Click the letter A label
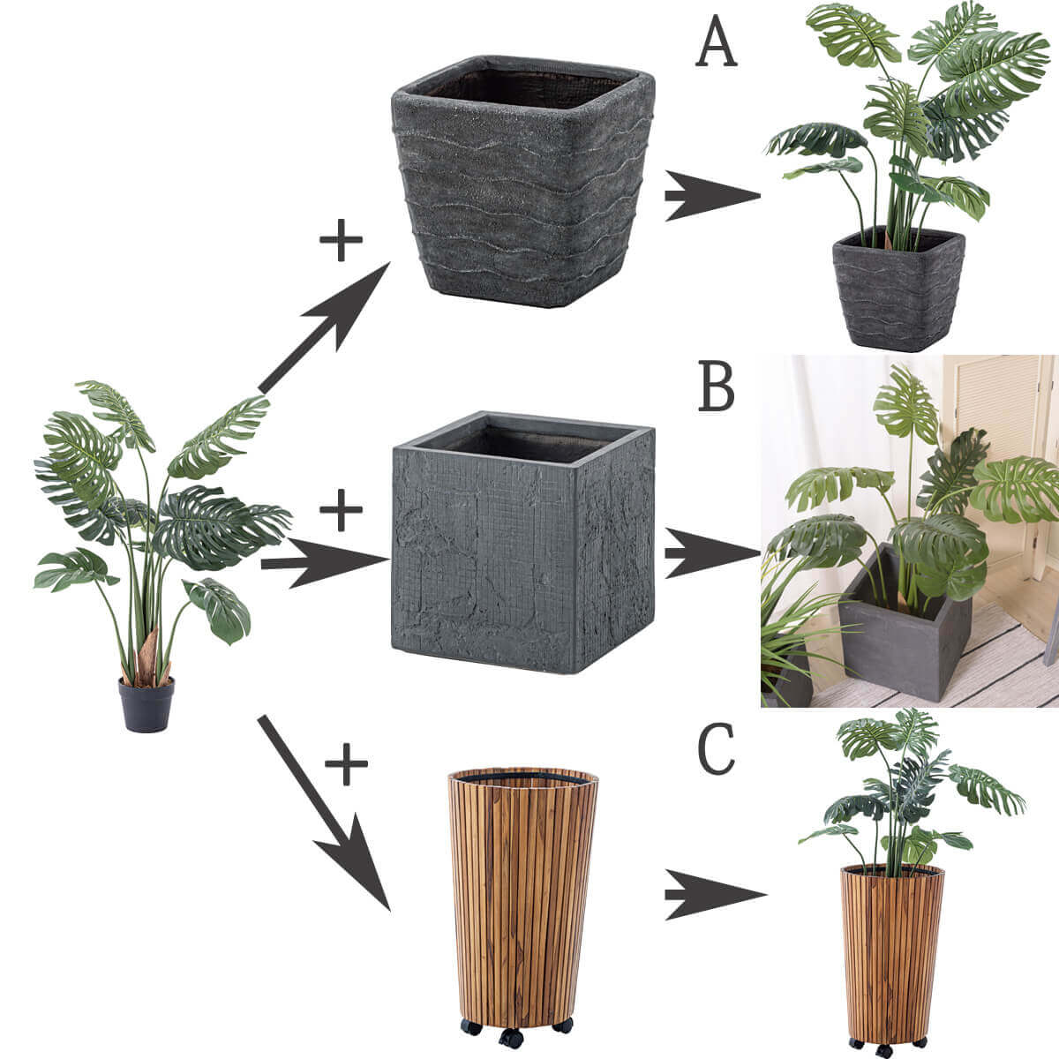coord(716,41)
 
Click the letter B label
coord(717,387)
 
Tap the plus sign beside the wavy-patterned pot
coord(341,240)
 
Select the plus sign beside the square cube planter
coord(341,509)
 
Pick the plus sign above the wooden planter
coord(346,763)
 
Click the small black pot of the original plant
coord(146,704)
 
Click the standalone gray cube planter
coord(522,542)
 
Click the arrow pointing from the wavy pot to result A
coord(712,195)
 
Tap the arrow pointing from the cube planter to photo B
coord(712,553)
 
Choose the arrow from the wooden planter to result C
coord(715,894)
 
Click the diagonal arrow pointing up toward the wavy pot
coord(324,327)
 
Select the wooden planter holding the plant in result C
coord(892,959)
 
